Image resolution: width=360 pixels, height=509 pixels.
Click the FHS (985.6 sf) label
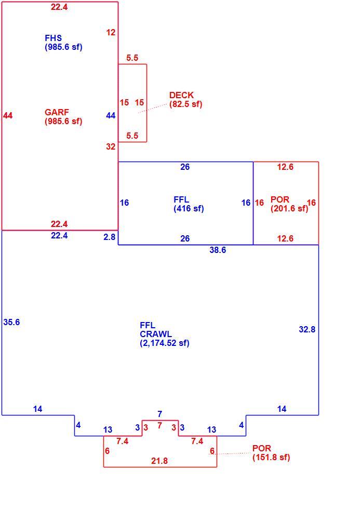click(63, 43)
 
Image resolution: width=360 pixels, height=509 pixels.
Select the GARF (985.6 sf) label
click(63, 117)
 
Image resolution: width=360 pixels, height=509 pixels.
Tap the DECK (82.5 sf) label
click(185, 100)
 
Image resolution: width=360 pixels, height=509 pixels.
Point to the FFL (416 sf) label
click(189, 204)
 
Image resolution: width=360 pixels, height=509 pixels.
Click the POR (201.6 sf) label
click(289, 204)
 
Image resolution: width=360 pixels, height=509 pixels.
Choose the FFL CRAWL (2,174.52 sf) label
click(165, 334)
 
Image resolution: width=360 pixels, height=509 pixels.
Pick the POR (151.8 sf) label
click(271, 453)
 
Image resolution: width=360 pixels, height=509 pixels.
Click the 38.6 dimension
click(218, 250)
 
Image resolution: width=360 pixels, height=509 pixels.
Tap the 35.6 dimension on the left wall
click(11, 322)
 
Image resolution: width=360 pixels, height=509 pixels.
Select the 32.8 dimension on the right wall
click(307, 329)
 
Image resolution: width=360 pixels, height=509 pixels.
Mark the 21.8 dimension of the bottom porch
click(159, 461)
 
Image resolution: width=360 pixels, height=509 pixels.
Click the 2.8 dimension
click(110, 237)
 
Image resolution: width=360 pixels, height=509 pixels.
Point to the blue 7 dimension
click(159, 414)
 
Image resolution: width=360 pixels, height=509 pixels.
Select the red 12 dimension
click(111, 32)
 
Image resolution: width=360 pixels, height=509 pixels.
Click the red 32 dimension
click(111, 146)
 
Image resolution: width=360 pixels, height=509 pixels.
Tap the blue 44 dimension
click(111, 115)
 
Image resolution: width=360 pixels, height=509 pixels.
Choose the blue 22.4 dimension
click(59, 236)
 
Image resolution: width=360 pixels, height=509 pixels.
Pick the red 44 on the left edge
click(8, 115)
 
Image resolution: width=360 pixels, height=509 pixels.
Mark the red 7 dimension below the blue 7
click(159, 425)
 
